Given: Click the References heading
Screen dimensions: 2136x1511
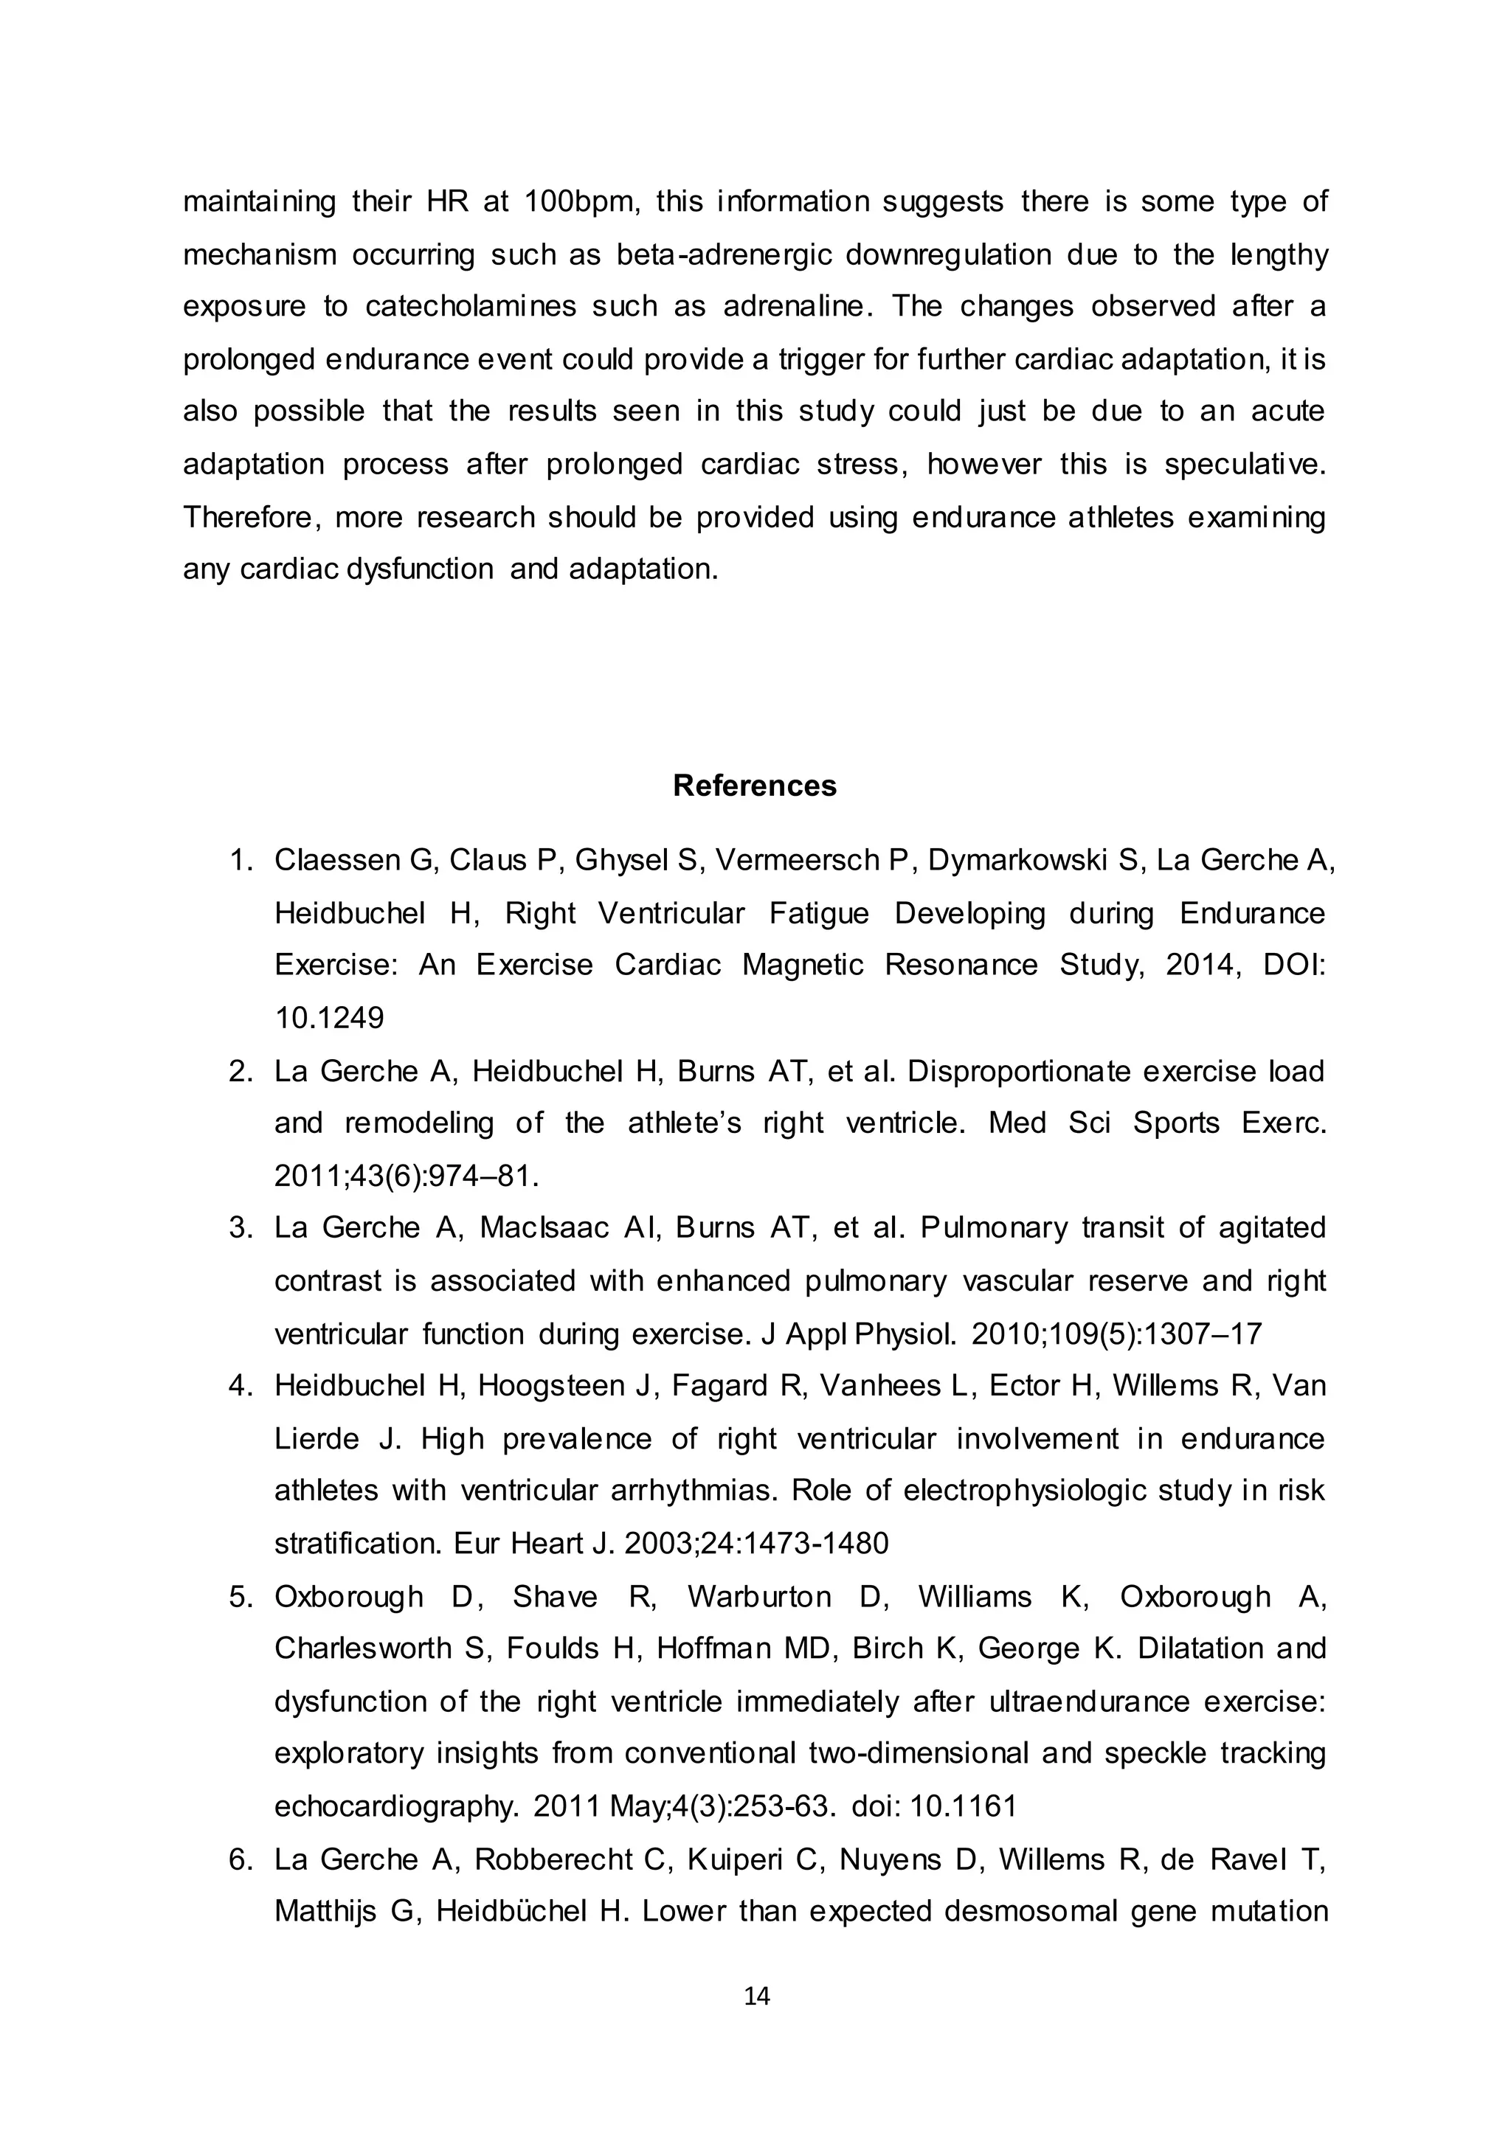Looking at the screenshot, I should point(755,786).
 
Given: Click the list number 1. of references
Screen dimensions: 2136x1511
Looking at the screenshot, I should point(241,861).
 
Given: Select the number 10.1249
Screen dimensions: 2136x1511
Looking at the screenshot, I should point(329,1019).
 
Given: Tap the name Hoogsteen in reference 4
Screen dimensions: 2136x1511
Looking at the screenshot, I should point(556,1386).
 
